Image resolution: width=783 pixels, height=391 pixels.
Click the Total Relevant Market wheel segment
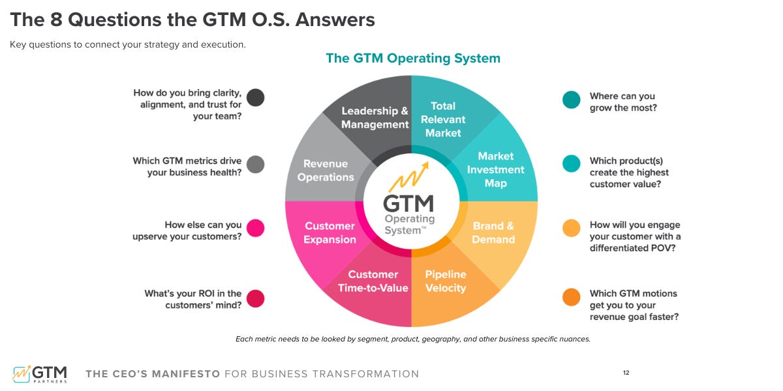pos(444,119)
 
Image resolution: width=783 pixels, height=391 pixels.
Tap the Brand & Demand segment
pos(493,233)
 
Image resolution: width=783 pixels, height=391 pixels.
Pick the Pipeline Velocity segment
pos(446,282)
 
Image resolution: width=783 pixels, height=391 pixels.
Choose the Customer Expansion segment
pos(330,233)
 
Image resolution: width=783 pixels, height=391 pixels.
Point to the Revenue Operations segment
pos(326,170)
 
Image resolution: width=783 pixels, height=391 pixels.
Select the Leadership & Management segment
pos(375,117)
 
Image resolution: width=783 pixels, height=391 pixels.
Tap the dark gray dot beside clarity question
pos(256,98)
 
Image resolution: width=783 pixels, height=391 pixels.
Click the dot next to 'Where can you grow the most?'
pos(572,100)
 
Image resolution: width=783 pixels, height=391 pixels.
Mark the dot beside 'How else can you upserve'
pos(256,227)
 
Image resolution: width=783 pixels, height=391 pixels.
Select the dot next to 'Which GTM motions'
pos(572,297)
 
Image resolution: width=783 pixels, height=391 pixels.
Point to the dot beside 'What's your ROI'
pos(256,298)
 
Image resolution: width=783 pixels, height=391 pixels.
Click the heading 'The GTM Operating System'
pos(412,58)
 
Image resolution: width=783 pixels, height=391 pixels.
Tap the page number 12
pos(626,373)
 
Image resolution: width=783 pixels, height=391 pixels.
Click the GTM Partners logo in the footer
pos(39,374)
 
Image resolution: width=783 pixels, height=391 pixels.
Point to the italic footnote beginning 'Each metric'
pos(412,339)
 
